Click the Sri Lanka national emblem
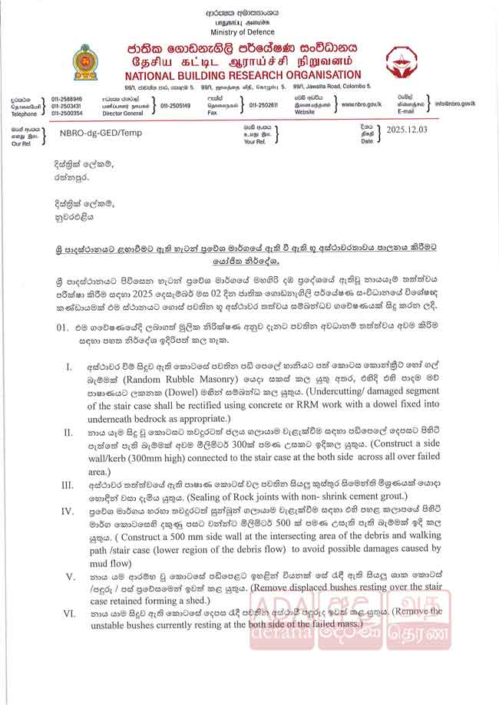(x=85, y=63)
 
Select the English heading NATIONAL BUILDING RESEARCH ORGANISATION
(x=243, y=75)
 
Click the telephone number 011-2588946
(x=67, y=99)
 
